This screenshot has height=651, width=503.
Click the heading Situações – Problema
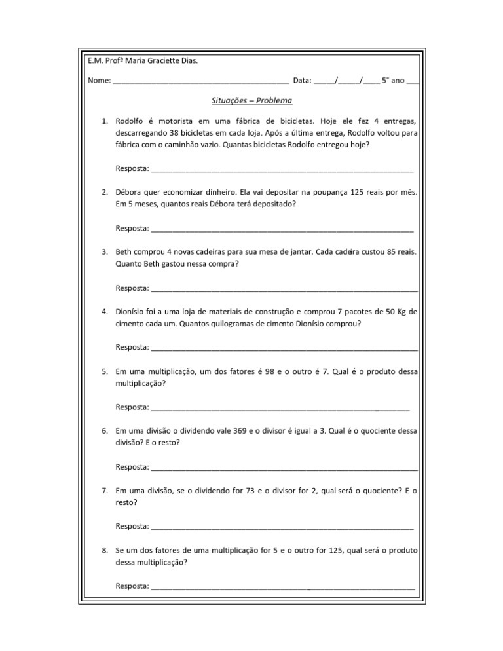point(248,101)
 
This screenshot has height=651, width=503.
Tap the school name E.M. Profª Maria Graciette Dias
point(142,61)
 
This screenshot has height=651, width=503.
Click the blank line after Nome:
point(200,83)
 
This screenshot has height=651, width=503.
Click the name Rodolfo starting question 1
point(130,121)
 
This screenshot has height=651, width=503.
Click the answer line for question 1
point(282,170)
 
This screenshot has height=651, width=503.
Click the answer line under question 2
point(282,230)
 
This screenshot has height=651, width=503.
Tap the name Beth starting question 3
point(124,251)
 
